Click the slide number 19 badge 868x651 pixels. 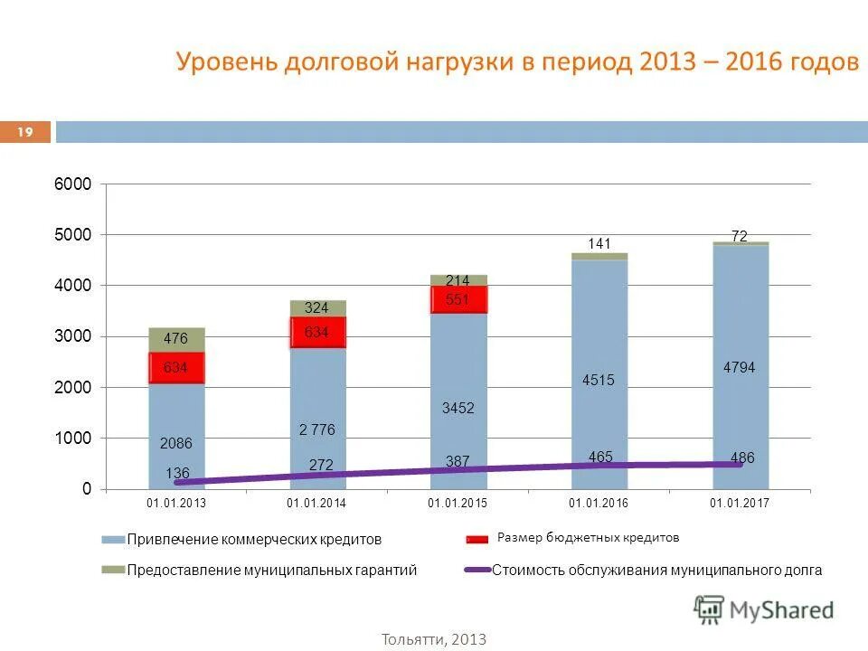click(25, 133)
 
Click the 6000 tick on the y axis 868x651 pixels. click(75, 184)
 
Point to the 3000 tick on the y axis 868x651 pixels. click(75, 336)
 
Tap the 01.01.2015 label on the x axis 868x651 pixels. click(458, 503)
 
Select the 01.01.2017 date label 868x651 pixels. click(740, 503)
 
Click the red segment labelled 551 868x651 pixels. click(458, 299)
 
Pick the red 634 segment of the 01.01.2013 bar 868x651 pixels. click(176, 367)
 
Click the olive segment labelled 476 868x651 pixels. click(176, 339)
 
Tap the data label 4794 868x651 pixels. click(739, 367)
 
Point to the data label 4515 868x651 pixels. click(599, 381)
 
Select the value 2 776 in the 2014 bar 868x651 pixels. click(317, 429)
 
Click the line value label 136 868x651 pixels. click(177, 473)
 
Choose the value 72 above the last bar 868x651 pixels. click(739, 236)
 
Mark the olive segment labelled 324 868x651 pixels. click(316, 308)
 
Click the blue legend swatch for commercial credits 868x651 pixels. click(112, 540)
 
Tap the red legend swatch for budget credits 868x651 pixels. click(476, 539)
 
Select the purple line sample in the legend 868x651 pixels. click(476, 571)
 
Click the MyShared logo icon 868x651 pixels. click(710, 610)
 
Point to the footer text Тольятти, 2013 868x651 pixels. click(434, 639)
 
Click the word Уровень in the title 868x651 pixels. click(225, 62)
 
